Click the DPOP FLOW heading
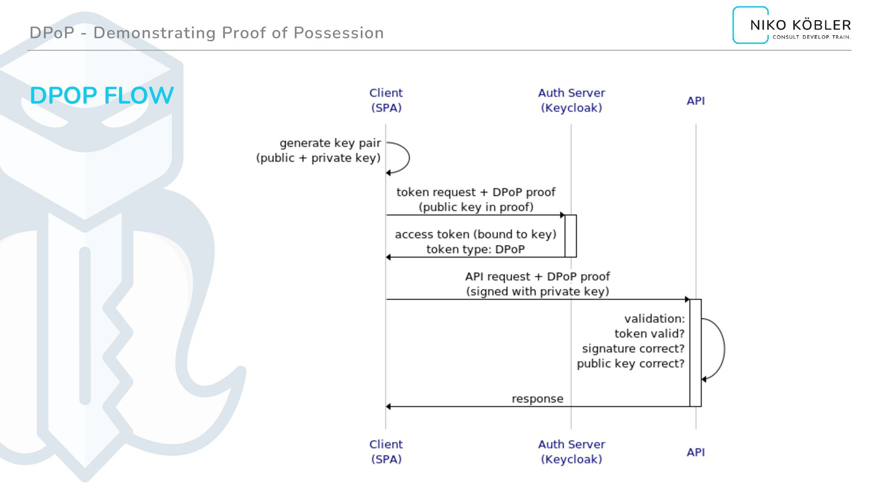click(102, 96)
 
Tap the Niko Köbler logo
click(792, 26)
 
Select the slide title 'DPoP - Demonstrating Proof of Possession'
click(206, 33)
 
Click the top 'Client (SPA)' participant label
click(386, 100)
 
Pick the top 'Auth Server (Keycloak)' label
click(571, 100)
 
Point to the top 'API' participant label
click(695, 101)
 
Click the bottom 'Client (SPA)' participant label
click(386, 451)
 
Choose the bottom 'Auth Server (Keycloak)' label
click(571, 451)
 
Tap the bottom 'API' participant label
click(695, 452)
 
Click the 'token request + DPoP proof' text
click(476, 192)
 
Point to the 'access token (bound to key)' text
click(476, 234)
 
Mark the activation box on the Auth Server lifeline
click(570, 236)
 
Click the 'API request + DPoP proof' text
click(537, 277)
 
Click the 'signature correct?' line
click(633, 349)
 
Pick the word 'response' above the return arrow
click(537, 399)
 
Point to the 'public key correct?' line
click(630, 364)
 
